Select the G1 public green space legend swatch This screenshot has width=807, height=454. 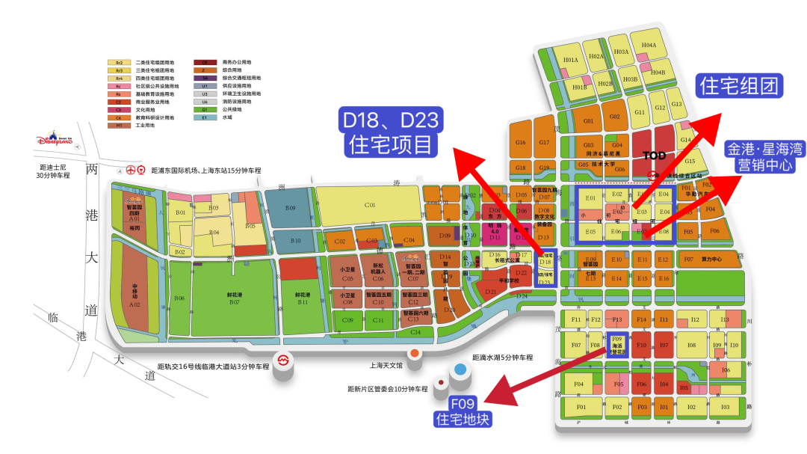pyautogui.click(x=203, y=109)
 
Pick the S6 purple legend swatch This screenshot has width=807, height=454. pyautogui.click(x=203, y=78)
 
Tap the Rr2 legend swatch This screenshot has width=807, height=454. pyautogui.click(x=118, y=62)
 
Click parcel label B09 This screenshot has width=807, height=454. pyautogui.click(x=291, y=207)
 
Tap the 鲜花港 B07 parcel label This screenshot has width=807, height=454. pyautogui.click(x=234, y=298)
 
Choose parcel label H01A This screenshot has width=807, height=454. pyautogui.click(x=571, y=60)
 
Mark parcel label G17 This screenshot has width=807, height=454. pyautogui.click(x=544, y=142)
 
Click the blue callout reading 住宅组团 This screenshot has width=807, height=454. pyautogui.click(x=738, y=85)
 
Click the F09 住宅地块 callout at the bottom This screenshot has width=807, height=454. pyautogui.click(x=463, y=411)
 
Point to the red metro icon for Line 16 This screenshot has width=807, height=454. pyautogui.click(x=283, y=360)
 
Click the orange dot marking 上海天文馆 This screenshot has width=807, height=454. pyautogui.click(x=414, y=353)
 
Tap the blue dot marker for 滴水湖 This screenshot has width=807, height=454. pyautogui.click(x=460, y=369)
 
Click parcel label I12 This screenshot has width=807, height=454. pyautogui.click(x=694, y=319)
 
